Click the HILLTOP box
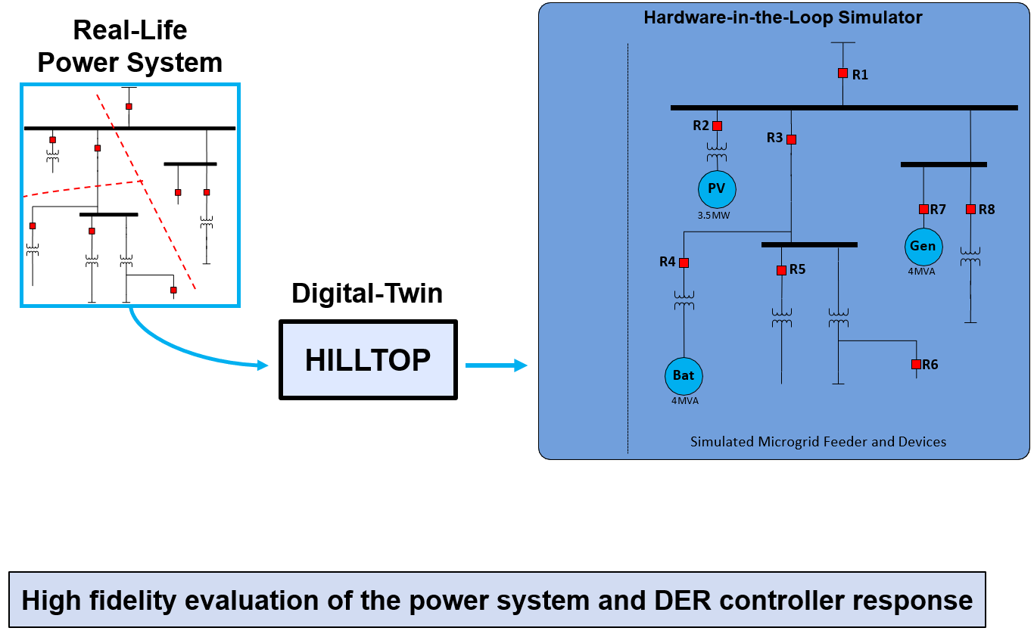coord(368,360)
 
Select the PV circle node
coord(716,189)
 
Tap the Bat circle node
coord(684,375)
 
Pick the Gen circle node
coord(923,246)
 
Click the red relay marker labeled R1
coord(842,73)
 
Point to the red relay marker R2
coord(718,126)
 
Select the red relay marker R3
coord(791,139)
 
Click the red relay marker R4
coord(684,263)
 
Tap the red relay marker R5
coord(781,270)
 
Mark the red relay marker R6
coord(916,364)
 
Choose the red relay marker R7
coord(923,209)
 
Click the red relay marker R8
coord(970,209)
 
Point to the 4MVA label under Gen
coord(923,271)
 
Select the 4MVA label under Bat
coord(684,401)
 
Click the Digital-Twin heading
coord(367,293)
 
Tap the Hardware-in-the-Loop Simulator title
coord(783,17)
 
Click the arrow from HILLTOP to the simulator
coord(496,366)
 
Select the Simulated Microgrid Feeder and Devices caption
coord(818,441)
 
